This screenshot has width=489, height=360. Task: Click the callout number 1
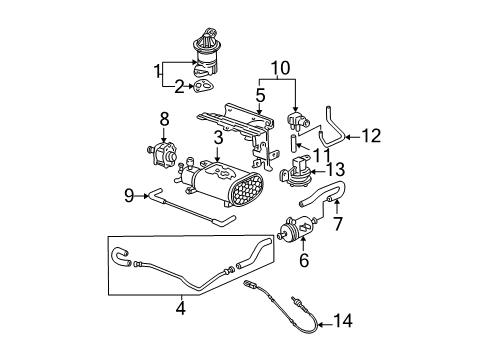click(155, 70)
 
